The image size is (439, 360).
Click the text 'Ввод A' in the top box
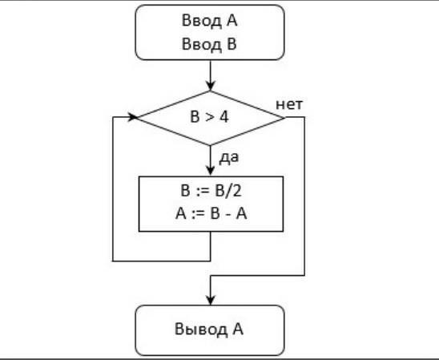[x=209, y=21]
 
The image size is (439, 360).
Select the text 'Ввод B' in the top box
[x=209, y=44]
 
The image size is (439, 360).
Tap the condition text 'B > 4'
[x=209, y=116]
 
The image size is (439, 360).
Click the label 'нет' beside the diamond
[x=289, y=104]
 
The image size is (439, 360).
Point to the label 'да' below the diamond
[x=229, y=158]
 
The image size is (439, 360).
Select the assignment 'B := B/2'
[x=211, y=191]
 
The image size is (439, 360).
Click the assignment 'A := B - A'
[x=211, y=214]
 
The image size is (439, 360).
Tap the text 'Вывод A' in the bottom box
[x=209, y=329]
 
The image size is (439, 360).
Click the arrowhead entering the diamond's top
[x=210, y=86]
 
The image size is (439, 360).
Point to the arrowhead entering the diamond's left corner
[x=133, y=117]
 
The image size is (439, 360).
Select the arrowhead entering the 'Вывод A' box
[x=210, y=300]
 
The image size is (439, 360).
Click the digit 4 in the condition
[x=224, y=116]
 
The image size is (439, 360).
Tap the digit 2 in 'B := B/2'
[x=236, y=191]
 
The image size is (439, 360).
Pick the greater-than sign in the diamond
[x=209, y=117]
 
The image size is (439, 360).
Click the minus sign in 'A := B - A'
[x=229, y=215]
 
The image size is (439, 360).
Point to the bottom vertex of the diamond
[x=210, y=145]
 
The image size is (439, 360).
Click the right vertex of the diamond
[x=284, y=118]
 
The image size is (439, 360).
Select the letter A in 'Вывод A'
[x=238, y=329]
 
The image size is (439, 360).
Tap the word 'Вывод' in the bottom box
[x=201, y=330]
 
